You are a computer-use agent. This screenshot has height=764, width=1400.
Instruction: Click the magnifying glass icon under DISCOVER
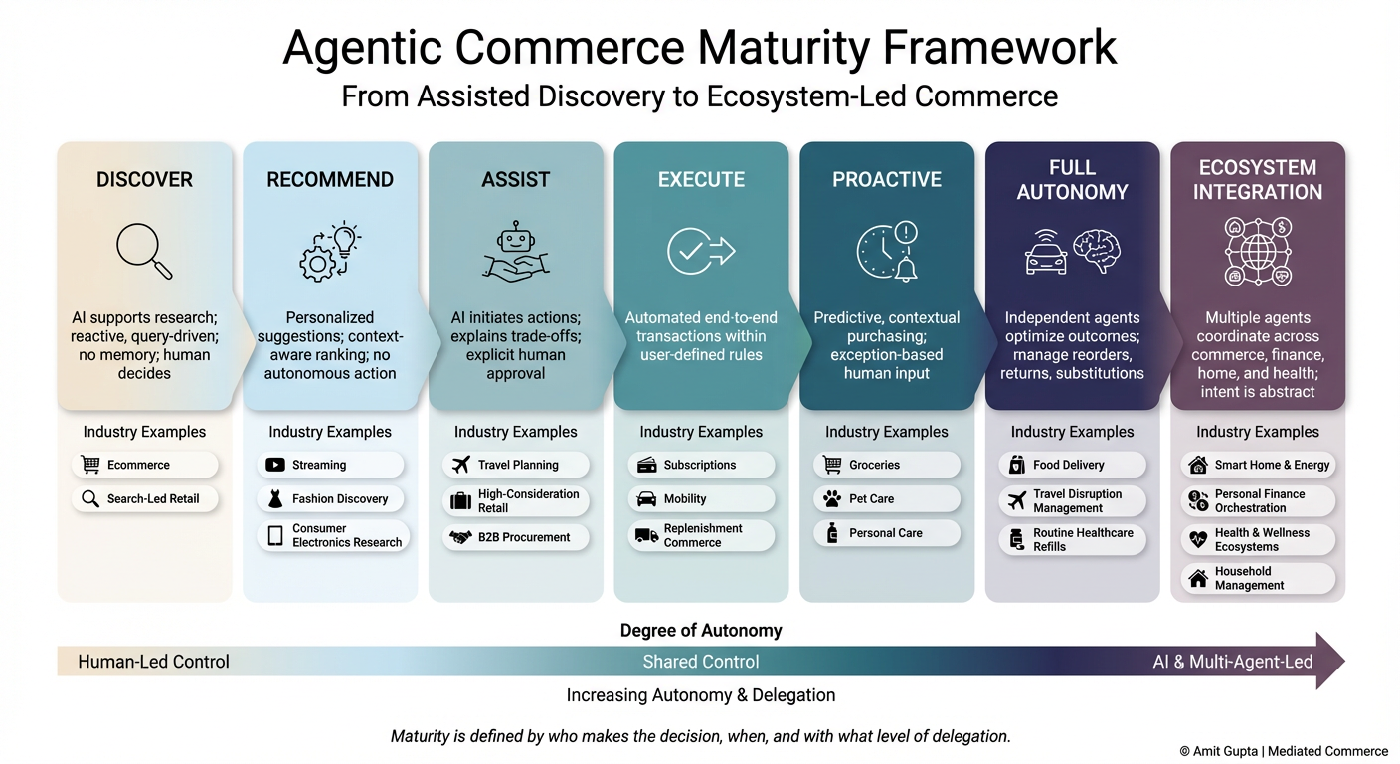143,250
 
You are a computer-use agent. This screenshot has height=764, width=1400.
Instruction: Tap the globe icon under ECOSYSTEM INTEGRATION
1257,251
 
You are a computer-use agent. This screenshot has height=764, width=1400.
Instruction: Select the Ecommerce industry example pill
144,465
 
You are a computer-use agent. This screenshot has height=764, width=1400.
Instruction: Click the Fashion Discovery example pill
330,498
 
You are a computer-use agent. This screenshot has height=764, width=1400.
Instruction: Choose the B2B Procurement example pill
515,537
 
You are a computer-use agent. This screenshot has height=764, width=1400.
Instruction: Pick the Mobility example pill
701,498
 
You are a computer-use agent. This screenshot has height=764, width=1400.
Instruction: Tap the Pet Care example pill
886,498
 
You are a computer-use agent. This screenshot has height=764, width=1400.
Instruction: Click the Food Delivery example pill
1072,465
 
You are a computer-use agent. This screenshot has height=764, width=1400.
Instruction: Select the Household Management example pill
1257,578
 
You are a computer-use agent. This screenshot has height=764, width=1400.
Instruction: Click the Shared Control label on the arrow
701,662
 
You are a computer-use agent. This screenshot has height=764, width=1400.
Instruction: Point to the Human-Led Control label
153,662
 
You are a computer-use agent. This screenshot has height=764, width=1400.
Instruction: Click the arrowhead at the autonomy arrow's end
1330,661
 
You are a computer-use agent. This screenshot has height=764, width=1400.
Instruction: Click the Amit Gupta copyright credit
1283,751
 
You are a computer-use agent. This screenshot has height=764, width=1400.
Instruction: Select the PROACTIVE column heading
886,180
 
